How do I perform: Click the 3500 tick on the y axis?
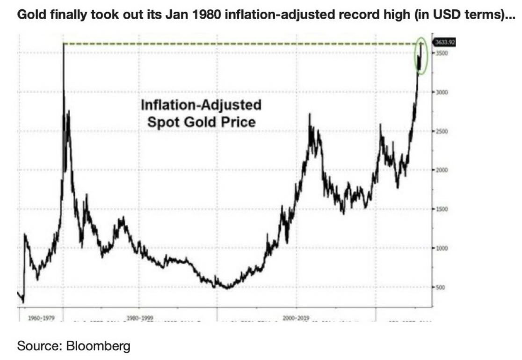[442, 53]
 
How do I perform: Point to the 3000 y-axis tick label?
[442, 92]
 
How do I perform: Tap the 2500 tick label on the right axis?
[442, 132]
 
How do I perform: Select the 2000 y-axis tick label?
[442, 170]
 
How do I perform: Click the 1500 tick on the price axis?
[442, 209]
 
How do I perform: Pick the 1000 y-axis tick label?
[442, 248]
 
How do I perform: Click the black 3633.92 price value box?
[444, 42]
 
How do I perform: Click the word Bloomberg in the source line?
[98, 347]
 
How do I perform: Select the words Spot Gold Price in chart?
[201, 122]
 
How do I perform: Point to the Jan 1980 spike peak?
[64, 44]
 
